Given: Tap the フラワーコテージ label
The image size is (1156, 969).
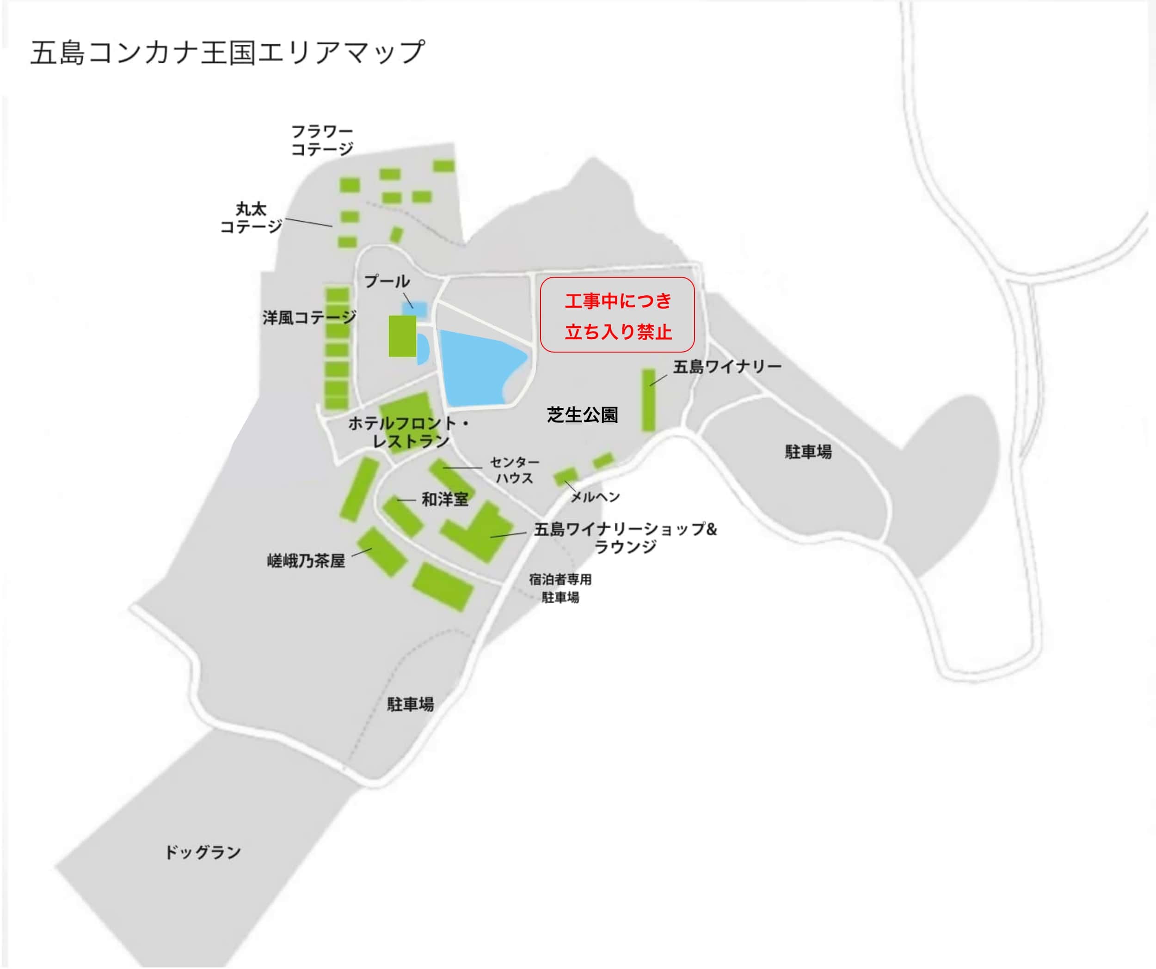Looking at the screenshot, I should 322,140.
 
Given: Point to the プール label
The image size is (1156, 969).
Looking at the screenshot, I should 387,281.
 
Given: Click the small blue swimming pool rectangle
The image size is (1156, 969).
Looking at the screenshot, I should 416,309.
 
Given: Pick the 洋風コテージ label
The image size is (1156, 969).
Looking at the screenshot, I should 309,317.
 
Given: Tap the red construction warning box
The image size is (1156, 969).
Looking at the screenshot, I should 617,315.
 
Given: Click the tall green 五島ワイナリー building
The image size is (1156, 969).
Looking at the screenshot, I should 648,400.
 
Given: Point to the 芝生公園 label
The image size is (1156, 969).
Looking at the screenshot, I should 583,414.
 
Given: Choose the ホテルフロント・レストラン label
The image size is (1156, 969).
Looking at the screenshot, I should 409,432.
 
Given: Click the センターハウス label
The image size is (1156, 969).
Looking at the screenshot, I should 515,470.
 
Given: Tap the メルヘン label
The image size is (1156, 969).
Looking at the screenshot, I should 595,497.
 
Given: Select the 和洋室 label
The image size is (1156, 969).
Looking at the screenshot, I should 445,499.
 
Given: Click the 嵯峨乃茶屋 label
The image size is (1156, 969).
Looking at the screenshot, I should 306,561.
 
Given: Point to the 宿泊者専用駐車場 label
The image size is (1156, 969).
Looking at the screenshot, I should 560,588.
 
